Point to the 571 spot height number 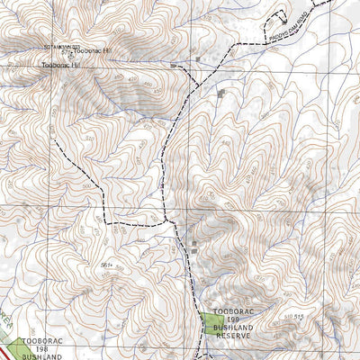[x=67, y=51]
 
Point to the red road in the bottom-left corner [x=7, y=352]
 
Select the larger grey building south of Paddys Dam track [x=222, y=93]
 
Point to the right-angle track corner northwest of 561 [x=106, y=220]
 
